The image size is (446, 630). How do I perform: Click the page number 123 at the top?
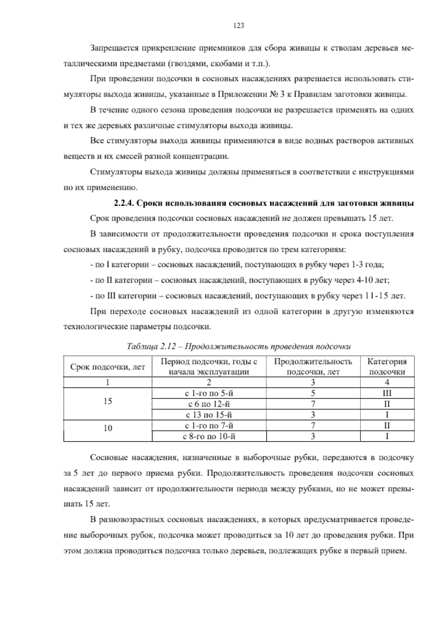[238, 26]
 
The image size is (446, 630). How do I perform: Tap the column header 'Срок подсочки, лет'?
[108, 367]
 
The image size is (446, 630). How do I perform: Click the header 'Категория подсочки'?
[387, 367]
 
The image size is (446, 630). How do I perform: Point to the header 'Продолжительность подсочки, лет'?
[313, 367]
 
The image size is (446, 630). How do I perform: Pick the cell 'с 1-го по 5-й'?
[209, 393]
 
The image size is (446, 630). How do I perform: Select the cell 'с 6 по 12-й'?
[209, 404]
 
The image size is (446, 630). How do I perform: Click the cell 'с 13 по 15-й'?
[209, 415]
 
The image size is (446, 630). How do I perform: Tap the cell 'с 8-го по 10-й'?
[209, 436]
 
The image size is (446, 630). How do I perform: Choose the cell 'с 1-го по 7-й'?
[209, 426]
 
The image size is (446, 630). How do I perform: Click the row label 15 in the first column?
[108, 402]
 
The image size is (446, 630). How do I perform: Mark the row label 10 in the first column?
[108, 428]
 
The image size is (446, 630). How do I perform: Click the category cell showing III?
[387, 393]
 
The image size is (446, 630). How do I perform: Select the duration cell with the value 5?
[313, 393]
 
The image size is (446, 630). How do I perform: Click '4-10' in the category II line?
[366, 281]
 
